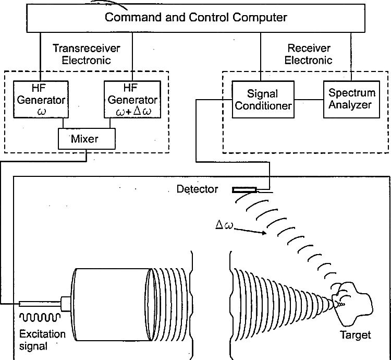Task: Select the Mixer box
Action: point(86,138)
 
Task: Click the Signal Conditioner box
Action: point(262,99)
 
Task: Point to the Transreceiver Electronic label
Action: point(86,54)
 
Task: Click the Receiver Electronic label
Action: point(310,54)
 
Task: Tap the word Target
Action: point(356,334)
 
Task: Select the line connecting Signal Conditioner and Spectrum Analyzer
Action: point(308,99)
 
